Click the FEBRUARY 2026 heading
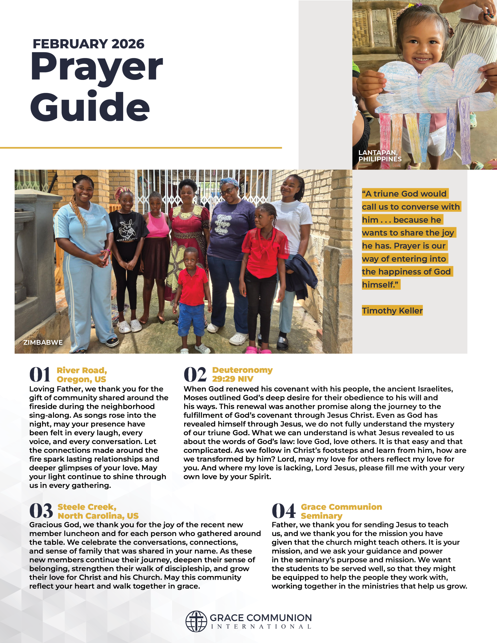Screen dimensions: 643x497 tap(88, 44)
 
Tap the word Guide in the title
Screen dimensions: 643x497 tap(90, 107)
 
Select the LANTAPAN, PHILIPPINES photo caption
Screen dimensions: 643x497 tap(380, 156)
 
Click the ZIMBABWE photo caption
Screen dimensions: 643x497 tap(43, 342)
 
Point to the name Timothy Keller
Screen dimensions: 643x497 tap(392, 311)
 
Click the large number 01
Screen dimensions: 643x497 tap(40, 374)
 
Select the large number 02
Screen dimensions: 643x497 tap(195, 374)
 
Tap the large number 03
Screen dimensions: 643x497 tap(41, 511)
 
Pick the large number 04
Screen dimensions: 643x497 tap(283, 511)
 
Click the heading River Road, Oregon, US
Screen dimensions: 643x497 tap(82, 374)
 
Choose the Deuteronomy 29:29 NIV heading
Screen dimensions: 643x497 tap(242, 374)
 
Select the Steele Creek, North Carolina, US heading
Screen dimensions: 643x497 tap(98, 511)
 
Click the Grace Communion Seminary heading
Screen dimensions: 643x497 tap(341, 511)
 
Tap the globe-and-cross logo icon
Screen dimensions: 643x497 tap(196, 621)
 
